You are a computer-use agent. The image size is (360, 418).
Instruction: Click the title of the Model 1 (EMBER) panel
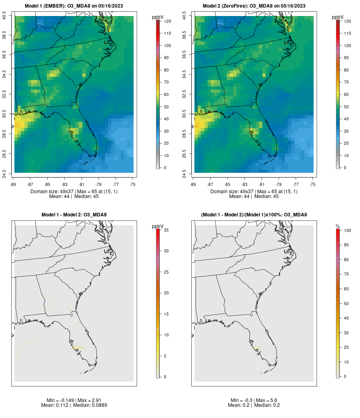74,6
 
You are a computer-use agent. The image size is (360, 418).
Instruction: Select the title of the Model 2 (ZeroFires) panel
254,6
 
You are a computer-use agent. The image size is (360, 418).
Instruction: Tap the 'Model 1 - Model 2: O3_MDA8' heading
74,215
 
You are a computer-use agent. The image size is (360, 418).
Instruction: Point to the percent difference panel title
254,215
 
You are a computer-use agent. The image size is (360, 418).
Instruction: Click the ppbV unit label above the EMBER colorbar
158,17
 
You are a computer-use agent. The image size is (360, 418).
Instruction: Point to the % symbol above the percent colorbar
338,226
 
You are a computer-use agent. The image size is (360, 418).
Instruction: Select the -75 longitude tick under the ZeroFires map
312,184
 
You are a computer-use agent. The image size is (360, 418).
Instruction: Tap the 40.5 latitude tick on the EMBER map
4,16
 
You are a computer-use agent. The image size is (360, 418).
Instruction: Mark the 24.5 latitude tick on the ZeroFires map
184,173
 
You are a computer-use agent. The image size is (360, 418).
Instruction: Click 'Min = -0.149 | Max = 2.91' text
74,400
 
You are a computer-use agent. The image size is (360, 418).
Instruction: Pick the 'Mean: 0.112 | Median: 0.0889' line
74,405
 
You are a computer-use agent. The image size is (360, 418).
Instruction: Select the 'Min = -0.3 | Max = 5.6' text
254,400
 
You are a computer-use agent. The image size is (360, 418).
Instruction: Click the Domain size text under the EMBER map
74,192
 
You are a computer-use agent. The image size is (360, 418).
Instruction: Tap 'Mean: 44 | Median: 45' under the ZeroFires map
254,196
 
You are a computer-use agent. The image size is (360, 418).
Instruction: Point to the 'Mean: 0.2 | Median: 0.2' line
254,405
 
